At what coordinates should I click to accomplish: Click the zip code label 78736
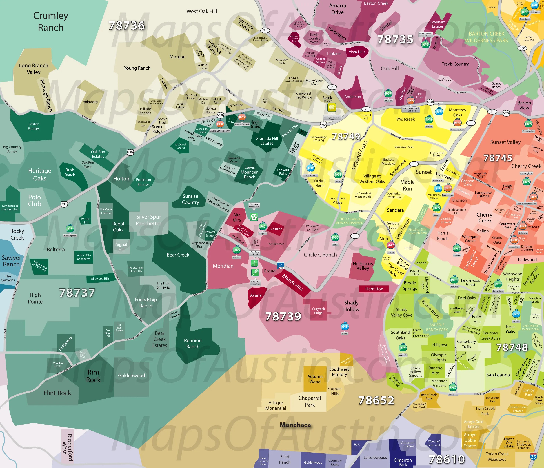127,26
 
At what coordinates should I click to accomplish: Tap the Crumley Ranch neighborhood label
51,21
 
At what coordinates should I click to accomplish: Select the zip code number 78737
77,293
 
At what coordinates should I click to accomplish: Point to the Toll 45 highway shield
280,266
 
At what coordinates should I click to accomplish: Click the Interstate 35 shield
533,456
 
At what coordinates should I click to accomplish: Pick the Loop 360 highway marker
522,48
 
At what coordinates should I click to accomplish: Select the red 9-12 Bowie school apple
391,245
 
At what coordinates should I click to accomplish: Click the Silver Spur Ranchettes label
149,220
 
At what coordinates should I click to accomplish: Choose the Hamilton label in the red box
374,289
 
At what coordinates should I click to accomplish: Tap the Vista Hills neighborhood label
357,52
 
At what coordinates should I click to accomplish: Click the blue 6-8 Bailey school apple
345,326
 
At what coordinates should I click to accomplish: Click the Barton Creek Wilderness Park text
487,37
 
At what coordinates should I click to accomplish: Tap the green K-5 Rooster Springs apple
70,228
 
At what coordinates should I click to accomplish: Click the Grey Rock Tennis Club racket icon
255,272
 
